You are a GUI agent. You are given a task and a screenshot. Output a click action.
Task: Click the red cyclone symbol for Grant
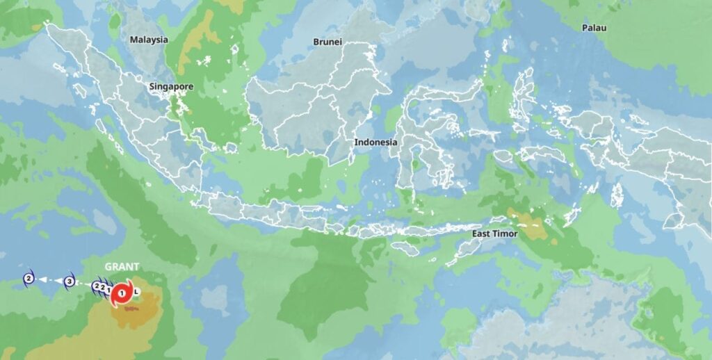122,294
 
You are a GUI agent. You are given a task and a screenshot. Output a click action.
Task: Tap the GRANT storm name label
122,267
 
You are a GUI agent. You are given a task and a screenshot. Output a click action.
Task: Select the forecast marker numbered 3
70,281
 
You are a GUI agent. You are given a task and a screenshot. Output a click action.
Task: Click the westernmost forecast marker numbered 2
29,279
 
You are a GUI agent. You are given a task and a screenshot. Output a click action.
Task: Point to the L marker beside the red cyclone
137,291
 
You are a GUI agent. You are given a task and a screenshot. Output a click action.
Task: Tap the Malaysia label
149,40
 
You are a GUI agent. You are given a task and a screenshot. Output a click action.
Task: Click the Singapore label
171,87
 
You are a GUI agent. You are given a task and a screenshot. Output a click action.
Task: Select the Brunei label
327,42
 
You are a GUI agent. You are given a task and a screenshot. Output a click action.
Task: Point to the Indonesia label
375,142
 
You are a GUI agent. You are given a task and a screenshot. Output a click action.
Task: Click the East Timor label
495,234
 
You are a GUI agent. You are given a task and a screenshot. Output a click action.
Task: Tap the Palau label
594,28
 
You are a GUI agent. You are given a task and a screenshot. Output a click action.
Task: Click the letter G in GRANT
108,267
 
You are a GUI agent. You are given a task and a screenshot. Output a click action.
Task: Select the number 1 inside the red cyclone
122,294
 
